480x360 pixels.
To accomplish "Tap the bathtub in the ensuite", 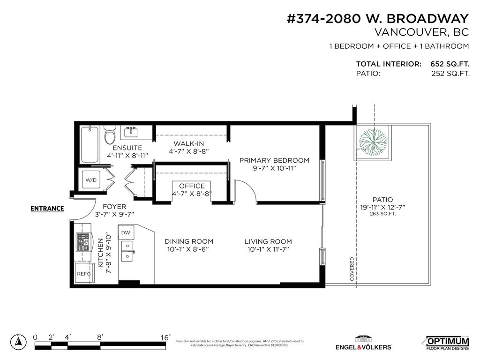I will (90, 144).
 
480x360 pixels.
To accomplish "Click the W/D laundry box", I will (90, 179).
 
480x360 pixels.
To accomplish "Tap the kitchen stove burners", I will (83, 242).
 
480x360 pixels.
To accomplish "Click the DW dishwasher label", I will (126, 232).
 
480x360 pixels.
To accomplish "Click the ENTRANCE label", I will (47, 209).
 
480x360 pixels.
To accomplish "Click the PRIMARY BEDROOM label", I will (274, 160).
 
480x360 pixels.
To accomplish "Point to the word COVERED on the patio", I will (352, 269).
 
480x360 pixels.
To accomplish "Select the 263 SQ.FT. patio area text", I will (383, 214).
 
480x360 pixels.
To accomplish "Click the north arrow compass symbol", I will (19, 342).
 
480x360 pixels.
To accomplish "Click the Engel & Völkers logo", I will (363, 343).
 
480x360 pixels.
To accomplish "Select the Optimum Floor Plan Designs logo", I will (447, 343).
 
